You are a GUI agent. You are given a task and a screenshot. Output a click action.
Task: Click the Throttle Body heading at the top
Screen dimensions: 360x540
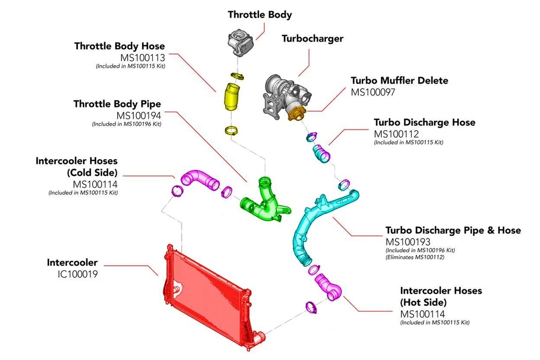pyautogui.click(x=260, y=15)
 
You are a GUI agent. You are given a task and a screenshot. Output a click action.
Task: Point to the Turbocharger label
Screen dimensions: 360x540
pyautogui.click(x=313, y=39)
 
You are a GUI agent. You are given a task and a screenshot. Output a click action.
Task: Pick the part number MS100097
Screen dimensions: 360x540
pyautogui.click(x=374, y=92)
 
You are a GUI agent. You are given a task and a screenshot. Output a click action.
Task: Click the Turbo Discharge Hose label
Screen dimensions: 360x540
pyautogui.click(x=424, y=123)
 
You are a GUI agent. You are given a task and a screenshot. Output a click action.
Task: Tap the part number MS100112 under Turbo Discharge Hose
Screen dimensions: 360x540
pyautogui.click(x=397, y=133)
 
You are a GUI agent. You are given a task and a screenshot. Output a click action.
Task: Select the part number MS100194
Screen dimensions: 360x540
pyautogui.click(x=139, y=115)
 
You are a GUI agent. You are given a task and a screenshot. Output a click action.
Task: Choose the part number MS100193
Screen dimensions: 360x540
pyautogui.click(x=408, y=241)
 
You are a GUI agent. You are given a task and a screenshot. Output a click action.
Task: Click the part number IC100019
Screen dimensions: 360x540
pyautogui.click(x=78, y=274)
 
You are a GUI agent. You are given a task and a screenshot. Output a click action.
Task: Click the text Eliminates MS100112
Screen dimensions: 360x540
pyautogui.click(x=415, y=257)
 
